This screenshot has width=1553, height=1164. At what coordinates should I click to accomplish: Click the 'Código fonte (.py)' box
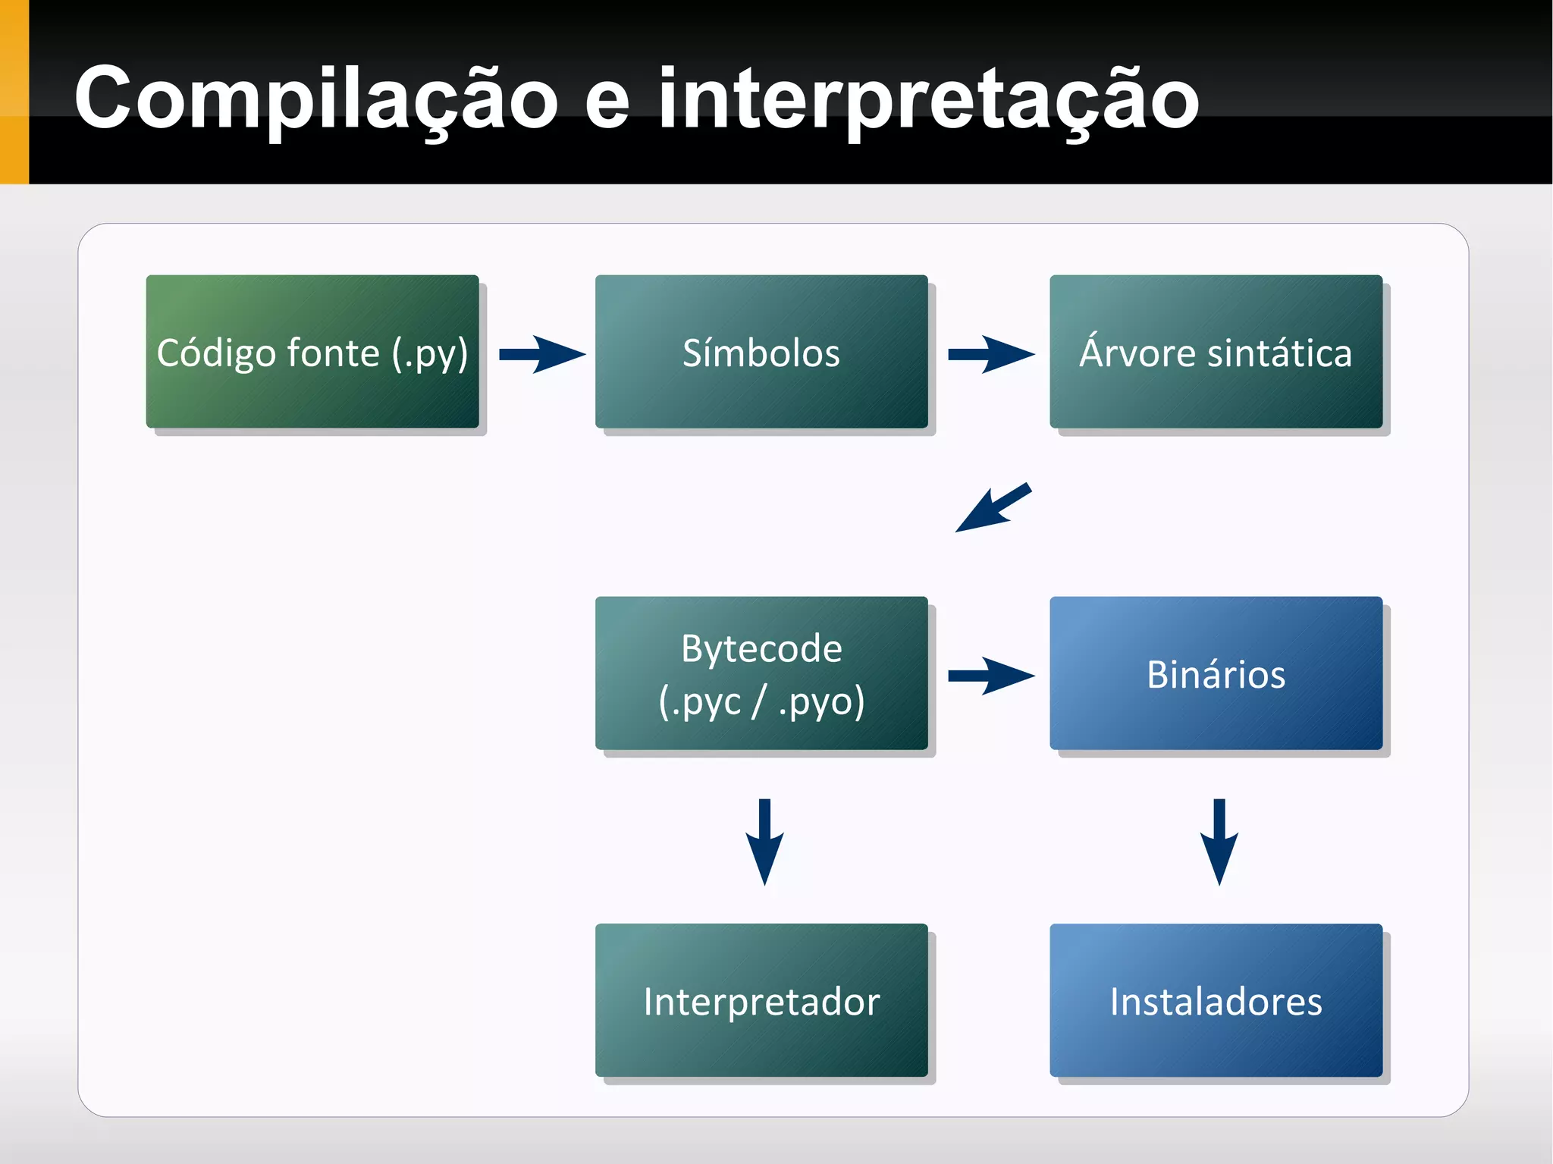(312, 352)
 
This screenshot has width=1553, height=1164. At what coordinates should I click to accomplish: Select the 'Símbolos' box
(761, 352)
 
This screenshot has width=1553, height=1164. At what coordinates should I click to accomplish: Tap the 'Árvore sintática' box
(1216, 352)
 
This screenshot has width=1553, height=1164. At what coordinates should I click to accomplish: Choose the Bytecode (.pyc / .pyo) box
(761, 673)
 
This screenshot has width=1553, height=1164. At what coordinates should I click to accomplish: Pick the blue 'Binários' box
(1216, 673)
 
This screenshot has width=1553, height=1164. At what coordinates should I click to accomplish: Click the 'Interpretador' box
(761, 1000)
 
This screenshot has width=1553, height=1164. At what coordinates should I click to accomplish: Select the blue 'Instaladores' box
(1216, 1000)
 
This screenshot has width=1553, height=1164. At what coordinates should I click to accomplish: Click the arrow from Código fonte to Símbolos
(541, 354)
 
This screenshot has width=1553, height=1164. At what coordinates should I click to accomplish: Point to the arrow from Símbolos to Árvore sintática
(990, 354)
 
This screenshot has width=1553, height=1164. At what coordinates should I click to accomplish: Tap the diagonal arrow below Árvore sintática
(993, 508)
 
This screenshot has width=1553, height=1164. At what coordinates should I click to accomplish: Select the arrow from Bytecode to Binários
(990, 675)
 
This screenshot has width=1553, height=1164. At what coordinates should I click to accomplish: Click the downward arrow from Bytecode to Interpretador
(764, 841)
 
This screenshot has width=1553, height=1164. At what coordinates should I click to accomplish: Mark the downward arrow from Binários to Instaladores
(1219, 841)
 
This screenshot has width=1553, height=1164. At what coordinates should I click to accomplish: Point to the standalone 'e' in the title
(607, 102)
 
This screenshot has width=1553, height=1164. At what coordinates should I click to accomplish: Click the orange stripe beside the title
(14, 92)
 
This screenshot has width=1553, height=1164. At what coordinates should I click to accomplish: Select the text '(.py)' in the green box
(430, 353)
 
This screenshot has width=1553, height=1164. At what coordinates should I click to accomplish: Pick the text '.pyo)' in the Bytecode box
(821, 701)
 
